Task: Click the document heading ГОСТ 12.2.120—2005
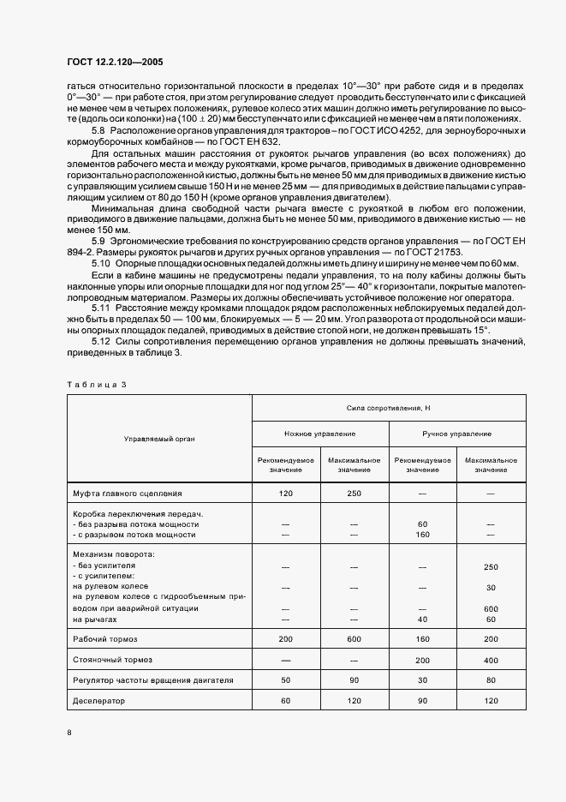click(x=114, y=63)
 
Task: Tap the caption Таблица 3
click(x=96, y=384)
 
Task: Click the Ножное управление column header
click(x=319, y=434)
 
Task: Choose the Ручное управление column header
click(x=456, y=434)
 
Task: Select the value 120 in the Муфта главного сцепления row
click(x=285, y=494)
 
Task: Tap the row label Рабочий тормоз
click(x=105, y=638)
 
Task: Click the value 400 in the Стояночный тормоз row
click(x=491, y=660)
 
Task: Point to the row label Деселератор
click(x=99, y=700)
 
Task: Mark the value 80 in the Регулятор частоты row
click(x=491, y=680)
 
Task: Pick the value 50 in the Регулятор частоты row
click(x=285, y=680)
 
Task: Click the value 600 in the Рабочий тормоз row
click(x=354, y=639)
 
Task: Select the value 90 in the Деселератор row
click(x=422, y=700)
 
